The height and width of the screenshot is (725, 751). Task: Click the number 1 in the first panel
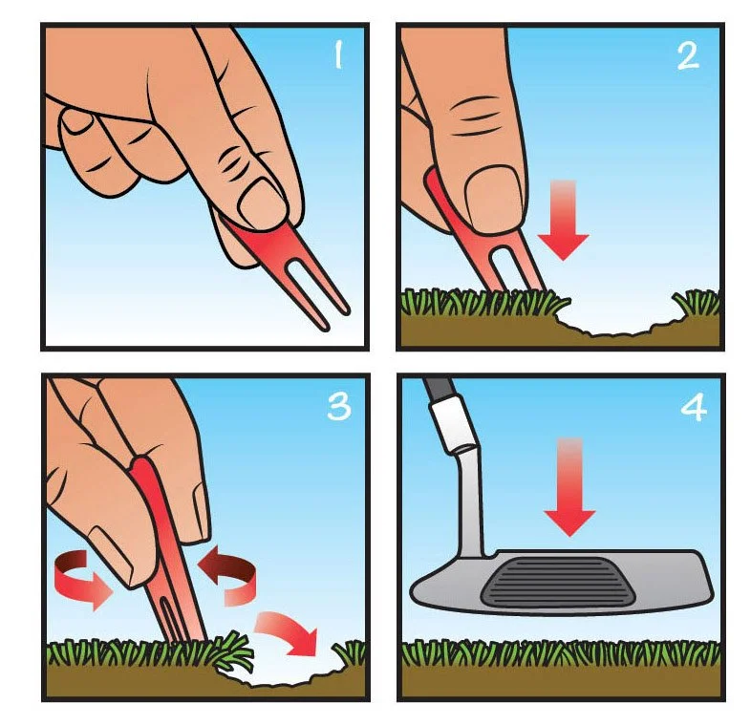point(338,54)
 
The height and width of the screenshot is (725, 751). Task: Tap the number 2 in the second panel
point(688,56)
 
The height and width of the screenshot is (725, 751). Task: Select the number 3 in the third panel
point(339,407)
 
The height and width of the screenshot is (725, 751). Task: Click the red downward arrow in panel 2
point(564,221)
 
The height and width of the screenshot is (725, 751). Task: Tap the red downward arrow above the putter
point(569,486)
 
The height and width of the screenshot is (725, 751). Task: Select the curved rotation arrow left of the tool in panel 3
point(82,580)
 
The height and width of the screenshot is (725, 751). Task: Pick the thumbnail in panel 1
point(262,201)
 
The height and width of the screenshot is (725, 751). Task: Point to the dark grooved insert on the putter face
point(560,582)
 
